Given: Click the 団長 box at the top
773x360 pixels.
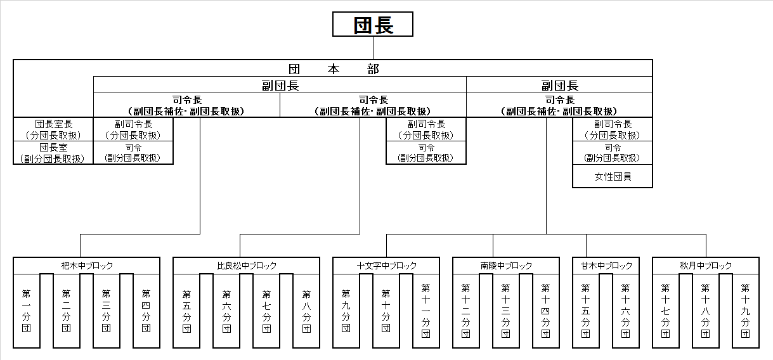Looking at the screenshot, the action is click(373, 24).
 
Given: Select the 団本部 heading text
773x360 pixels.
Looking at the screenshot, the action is click(334, 69).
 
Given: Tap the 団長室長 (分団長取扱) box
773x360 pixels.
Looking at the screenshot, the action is click(53, 129).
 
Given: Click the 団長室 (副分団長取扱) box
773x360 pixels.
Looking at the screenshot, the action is click(53, 153).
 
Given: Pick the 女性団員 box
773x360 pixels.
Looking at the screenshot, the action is click(613, 176).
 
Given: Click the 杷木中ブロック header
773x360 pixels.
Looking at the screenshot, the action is click(87, 266).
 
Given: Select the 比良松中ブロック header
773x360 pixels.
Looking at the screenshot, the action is click(247, 266).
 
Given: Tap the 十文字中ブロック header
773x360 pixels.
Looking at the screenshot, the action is click(386, 266).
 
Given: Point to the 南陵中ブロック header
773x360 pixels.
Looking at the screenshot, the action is click(506, 266).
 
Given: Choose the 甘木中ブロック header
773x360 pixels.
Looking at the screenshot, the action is click(606, 266).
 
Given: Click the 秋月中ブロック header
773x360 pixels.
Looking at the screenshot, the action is click(706, 266).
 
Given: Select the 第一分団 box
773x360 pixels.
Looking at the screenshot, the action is click(27, 311).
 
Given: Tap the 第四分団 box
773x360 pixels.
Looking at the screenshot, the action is click(146, 311).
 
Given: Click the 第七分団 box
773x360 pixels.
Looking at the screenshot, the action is click(266, 311).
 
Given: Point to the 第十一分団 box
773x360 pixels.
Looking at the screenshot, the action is click(426, 311).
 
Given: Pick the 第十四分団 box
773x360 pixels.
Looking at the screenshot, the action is click(546, 311).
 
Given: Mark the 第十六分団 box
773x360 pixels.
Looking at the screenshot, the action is click(626, 311).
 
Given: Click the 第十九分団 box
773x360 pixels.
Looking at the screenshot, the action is click(746, 311).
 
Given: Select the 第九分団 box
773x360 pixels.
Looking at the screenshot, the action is click(346, 311).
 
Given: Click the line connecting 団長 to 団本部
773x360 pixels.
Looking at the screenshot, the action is click(373, 48).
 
